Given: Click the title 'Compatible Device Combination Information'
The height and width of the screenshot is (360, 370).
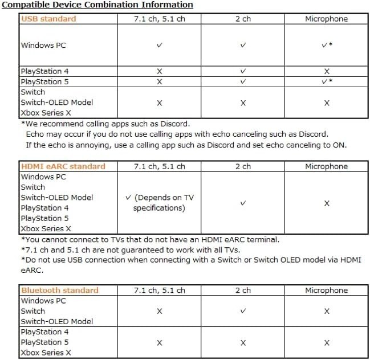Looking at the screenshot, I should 97,5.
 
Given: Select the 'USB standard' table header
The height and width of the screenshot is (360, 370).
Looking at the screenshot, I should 48,19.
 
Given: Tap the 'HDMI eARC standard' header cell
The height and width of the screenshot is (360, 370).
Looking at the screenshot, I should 63,166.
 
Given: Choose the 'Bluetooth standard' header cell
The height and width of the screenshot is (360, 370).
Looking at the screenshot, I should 60,290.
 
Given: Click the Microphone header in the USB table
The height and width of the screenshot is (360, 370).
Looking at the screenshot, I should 326,19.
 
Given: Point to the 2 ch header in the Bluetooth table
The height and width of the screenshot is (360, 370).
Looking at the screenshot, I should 243,290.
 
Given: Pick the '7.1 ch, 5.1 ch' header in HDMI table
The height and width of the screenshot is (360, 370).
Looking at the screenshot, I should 159,166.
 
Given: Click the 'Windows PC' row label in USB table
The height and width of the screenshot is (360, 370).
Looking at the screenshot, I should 43,45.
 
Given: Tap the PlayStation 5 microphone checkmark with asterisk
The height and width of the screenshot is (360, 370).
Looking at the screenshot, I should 327,82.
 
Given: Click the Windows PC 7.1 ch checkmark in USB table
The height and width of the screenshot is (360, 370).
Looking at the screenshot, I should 159,45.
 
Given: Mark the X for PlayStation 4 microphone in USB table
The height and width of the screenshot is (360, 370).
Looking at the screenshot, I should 326,72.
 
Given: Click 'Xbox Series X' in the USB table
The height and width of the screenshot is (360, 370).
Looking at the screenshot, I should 45,113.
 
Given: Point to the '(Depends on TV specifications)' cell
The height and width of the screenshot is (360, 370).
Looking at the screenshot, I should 159,203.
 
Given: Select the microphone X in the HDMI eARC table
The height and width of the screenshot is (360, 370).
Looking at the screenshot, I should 326,203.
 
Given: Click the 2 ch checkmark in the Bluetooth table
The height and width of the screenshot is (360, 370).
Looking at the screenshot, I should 243,311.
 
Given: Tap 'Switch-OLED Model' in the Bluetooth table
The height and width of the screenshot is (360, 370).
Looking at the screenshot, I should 57,321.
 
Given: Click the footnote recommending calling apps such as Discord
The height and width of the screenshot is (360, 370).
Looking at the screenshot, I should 105,124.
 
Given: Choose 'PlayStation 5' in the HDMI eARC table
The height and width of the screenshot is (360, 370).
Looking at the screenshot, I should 45,218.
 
